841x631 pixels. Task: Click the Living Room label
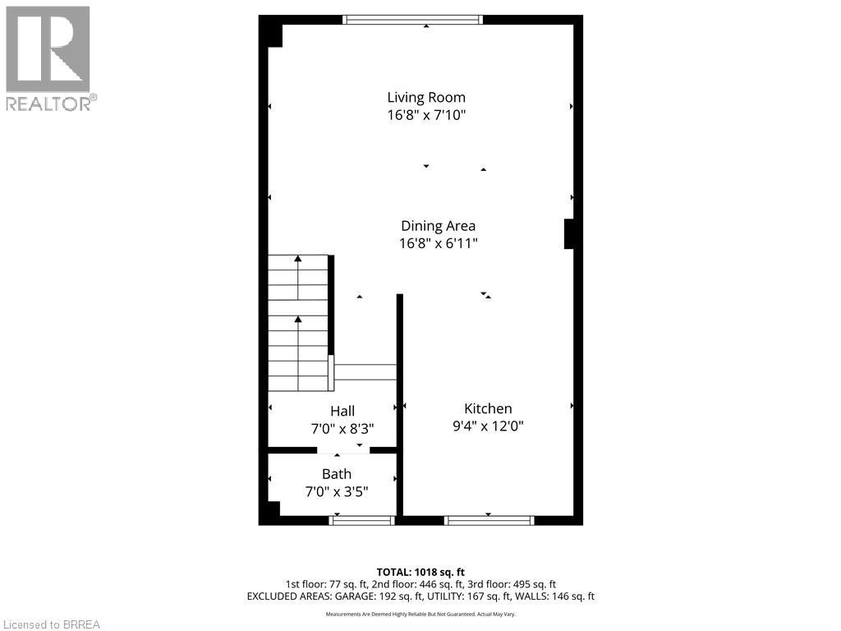(426, 97)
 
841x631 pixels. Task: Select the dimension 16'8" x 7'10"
(426, 116)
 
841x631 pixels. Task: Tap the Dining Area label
(438, 225)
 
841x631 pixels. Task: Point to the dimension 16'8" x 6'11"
(438, 243)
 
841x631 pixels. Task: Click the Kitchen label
(488, 408)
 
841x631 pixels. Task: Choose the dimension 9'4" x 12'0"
(488, 426)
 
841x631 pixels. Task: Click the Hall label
(342, 411)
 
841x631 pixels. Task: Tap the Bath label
(336, 474)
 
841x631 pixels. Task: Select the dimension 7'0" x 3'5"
(336, 492)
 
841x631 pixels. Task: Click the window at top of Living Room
(411, 20)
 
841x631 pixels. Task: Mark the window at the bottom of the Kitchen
(489, 520)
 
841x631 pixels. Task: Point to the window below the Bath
(361, 520)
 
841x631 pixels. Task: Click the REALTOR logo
(49, 58)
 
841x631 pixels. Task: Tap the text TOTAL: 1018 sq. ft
(420, 572)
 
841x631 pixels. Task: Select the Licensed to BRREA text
(51, 624)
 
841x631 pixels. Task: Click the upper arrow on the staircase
(298, 260)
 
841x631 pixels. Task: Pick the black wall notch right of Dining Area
(568, 233)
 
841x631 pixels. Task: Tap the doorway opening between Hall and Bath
(343, 450)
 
